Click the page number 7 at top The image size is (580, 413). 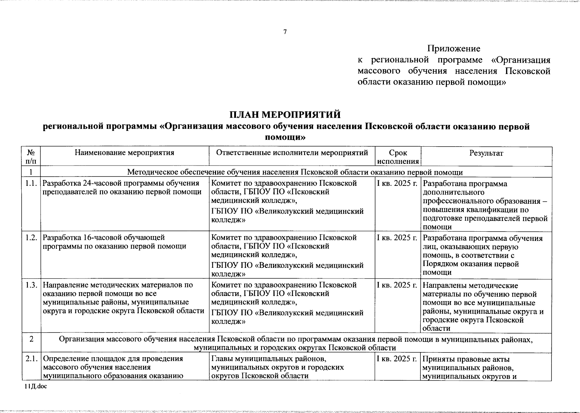[x=285, y=32]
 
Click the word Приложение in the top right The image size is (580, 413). [x=454, y=49]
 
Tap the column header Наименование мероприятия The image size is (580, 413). [x=125, y=153]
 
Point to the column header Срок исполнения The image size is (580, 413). [x=398, y=157]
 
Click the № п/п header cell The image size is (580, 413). [x=31, y=157]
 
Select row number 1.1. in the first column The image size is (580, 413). [x=31, y=183]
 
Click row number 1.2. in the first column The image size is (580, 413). [x=31, y=237]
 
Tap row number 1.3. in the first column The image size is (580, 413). [x=31, y=285]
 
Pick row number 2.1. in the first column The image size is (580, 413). [x=31, y=359]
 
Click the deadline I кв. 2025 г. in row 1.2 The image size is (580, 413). [x=397, y=237]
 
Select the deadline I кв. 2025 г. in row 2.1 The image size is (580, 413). [x=397, y=359]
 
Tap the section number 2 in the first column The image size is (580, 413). [x=31, y=339]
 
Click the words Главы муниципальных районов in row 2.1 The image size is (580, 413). [x=268, y=359]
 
